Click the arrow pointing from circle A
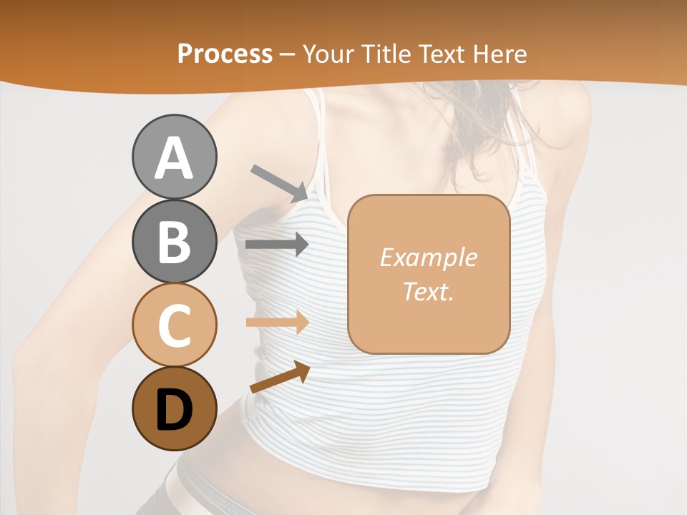pos(279,182)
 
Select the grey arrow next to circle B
pos(277,244)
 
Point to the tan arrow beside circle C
pos(277,323)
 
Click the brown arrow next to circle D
pos(279,377)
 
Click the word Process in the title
pos(225,54)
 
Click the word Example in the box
pos(428,257)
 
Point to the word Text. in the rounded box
pos(428,291)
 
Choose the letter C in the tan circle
pos(174,325)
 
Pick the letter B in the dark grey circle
pos(174,242)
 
